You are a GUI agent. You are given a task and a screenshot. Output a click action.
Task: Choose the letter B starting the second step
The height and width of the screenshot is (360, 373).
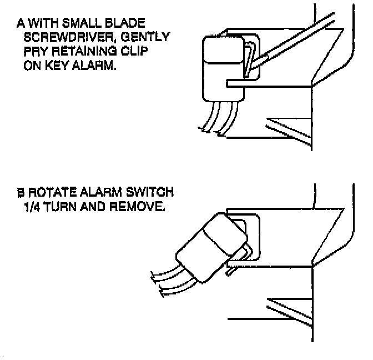(21, 193)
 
